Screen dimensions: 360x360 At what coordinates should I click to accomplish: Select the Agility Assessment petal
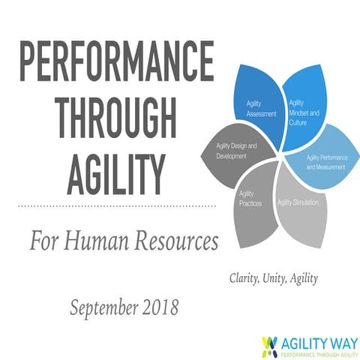point(259,105)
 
